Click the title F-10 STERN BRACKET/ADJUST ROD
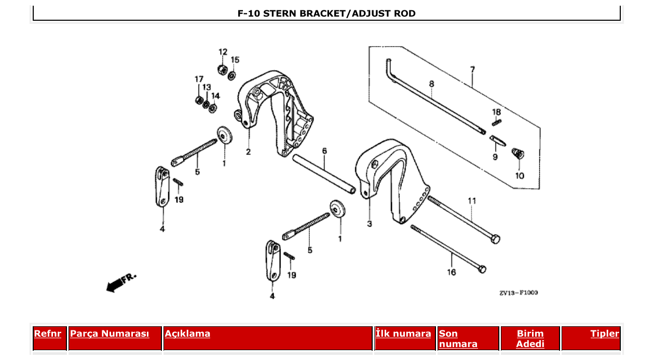coord(326,13)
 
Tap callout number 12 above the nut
coord(223,52)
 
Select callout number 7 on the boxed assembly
coord(472,69)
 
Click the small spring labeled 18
coord(497,122)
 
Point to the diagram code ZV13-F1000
coord(519,293)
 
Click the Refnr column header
coord(47,334)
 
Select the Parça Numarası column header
coord(110,334)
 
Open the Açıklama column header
coord(187,334)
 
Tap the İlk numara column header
coord(403,334)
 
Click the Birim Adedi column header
coord(530,339)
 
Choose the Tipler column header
coord(604,334)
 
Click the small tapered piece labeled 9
coord(497,141)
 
